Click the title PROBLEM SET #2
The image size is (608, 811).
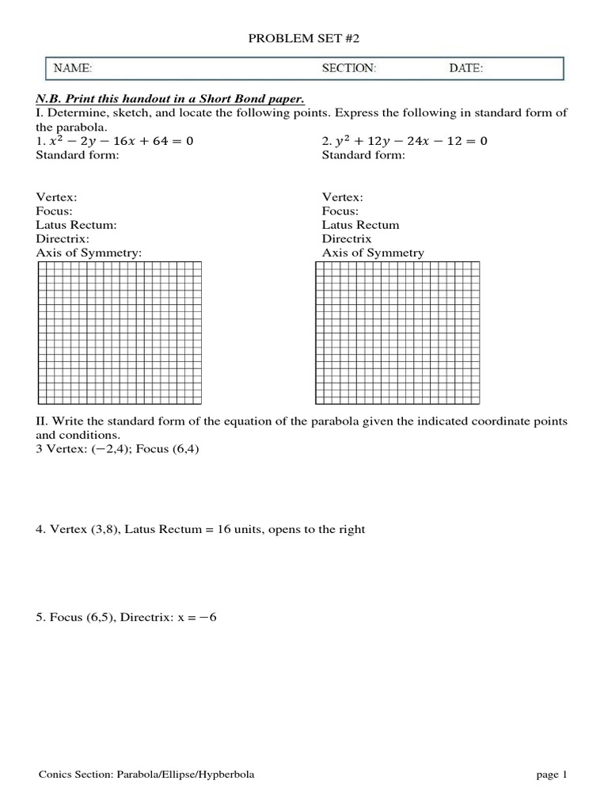pyautogui.click(x=304, y=36)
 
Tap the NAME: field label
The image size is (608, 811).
pyautogui.click(x=73, y=69)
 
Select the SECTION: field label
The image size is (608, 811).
pyautogui.click(x=349, y=69)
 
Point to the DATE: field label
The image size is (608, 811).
pyautogui.click(x=466, y=69)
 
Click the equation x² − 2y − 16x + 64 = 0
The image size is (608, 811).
pyautogui.click(x=115, y=141)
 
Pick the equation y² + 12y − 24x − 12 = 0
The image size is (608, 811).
pyautogui.click(x=405, y=141)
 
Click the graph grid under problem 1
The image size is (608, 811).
pyautogui.click(x=119, y=332)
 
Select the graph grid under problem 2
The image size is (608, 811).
pyautogui.click(x=397, y=332)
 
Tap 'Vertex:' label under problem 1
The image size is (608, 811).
pyautogui.click(x=58, y=197)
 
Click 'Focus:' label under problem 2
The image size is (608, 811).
pyautogui.click(x=340, y=211)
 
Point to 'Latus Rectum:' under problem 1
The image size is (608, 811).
pyautogui.click(x=77, y=225)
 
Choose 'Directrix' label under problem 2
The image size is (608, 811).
pyautogui.click(x=347, y=239)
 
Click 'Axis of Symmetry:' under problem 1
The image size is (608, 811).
pyautogui.click(x=89, y=253)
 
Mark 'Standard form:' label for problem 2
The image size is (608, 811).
pyautogui.click(x=363, y=155)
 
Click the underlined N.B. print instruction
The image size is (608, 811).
pyautogui.click(x=170, y=98)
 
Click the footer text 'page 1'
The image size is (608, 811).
pyautogui.click(x=552, y=775)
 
